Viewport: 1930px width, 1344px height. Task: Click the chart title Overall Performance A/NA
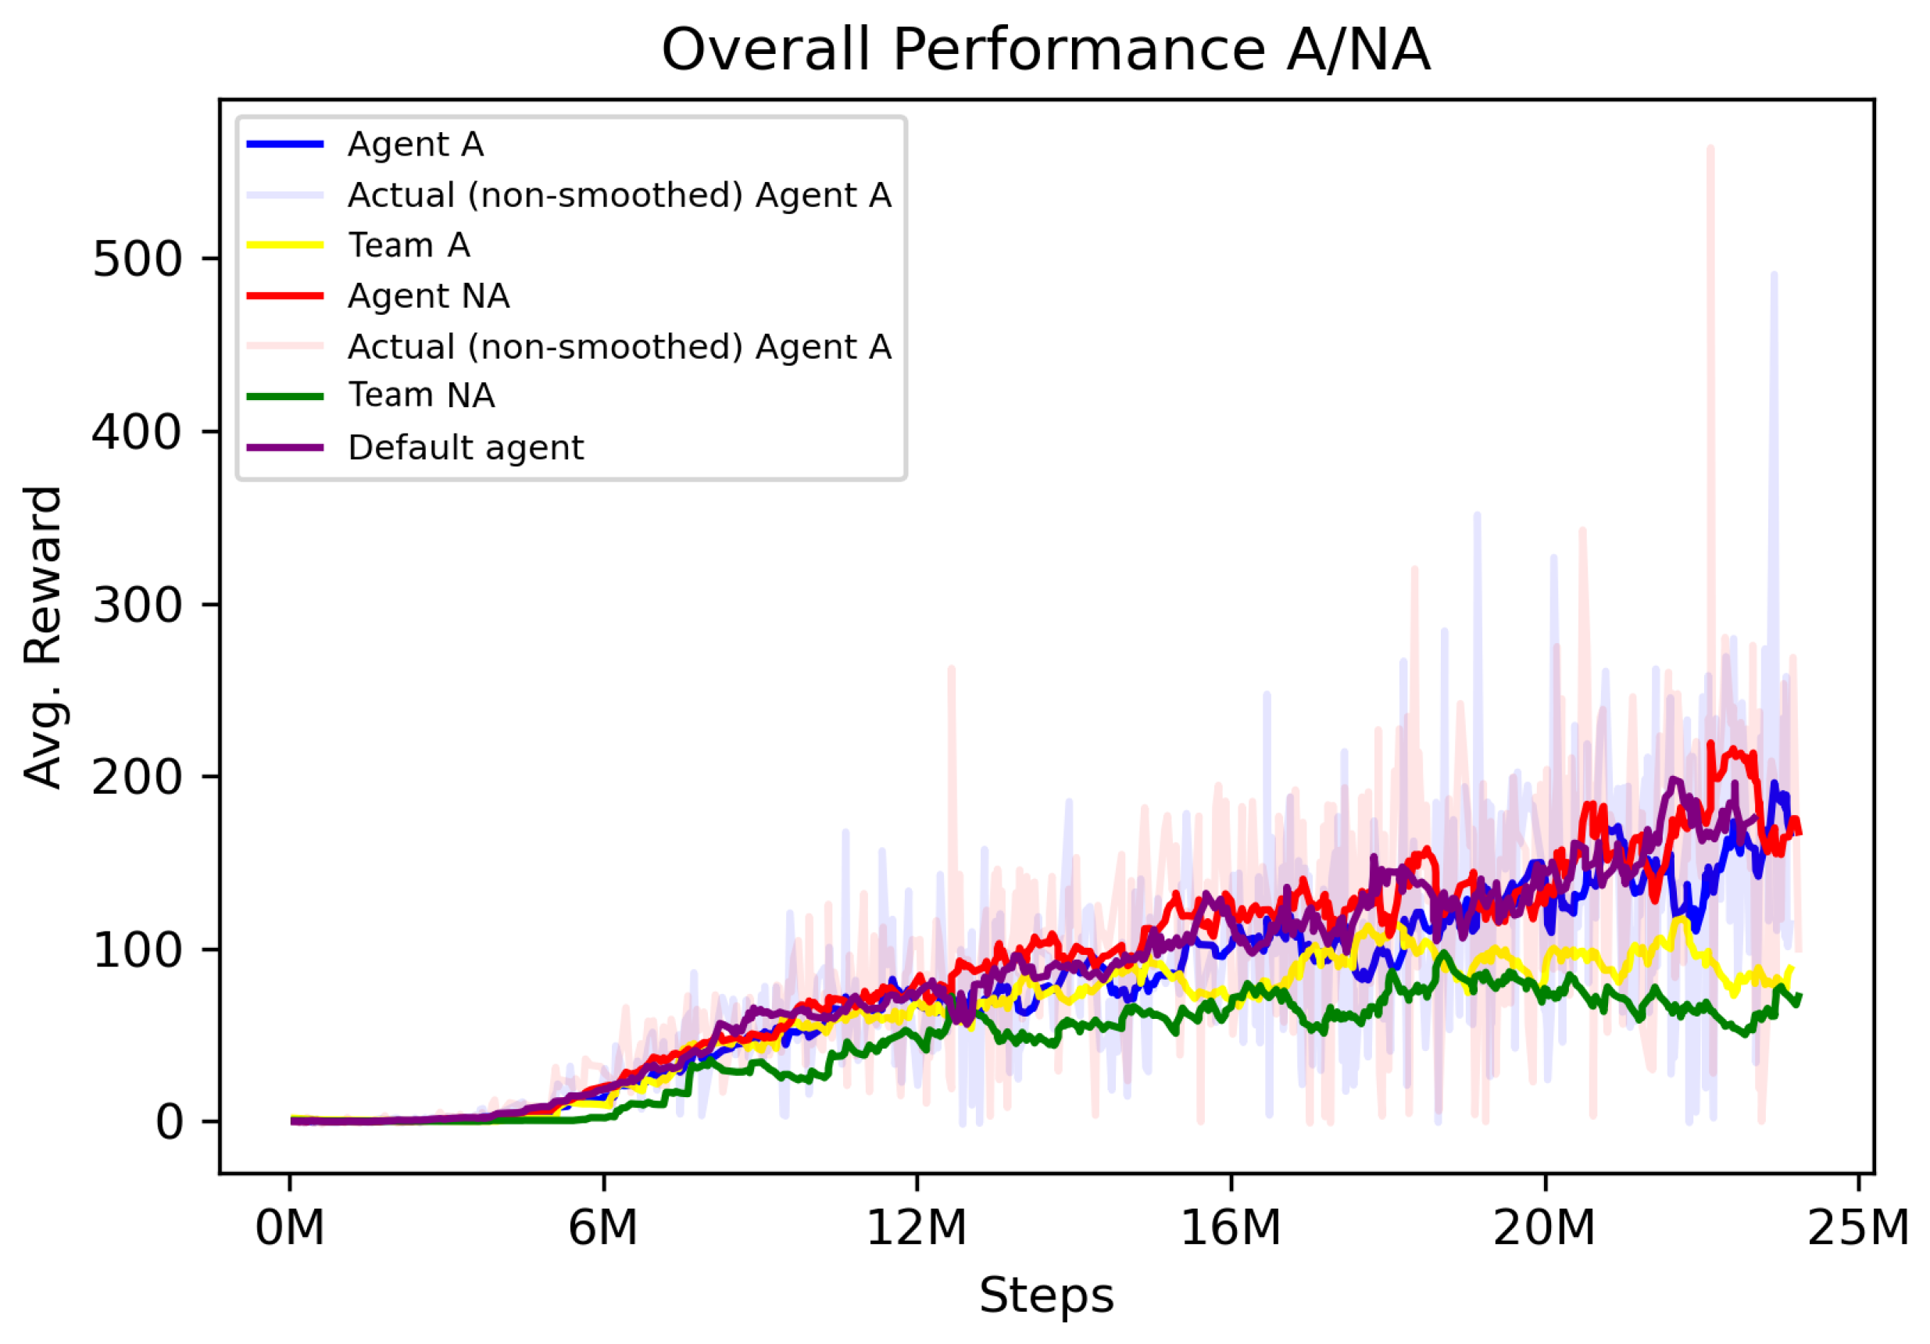click(x=1045, y=51)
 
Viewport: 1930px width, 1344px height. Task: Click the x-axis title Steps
click(x=1045, y=1295)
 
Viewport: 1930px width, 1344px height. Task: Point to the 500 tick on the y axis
click(x=136, y=259)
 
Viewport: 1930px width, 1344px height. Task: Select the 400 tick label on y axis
click(x=136, y=432)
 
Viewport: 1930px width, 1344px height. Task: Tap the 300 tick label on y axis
click(x=136, y=604)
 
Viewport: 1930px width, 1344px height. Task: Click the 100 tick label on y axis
click(x=136, y=950)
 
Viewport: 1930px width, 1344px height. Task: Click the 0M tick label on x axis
click(x=290, y=1229)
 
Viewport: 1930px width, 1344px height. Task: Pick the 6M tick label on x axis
click(x=602, y=1229)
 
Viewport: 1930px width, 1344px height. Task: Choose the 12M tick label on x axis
click(x=917, y=1229)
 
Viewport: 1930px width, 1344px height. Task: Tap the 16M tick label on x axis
click(x=1231, y=1229)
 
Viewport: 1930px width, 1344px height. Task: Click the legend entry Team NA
click(x=421, y=396)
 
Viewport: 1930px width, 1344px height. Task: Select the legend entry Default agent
click(x=465, y=447)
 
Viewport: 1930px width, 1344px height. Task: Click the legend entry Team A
click(x=409, y=245)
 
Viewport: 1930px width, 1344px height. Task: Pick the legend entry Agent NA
click(x=428, y=296)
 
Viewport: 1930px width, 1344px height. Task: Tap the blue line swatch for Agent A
click(x=285, y=145)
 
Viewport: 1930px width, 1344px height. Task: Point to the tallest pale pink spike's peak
click(x=1710, y=148)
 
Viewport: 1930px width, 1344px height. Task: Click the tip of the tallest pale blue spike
click(x=1774, y=275)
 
